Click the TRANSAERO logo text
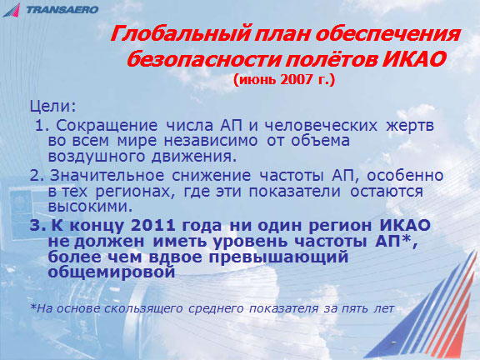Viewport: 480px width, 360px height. click(62, 10)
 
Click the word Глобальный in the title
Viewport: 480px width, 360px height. click(180, 34)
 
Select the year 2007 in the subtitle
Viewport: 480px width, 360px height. click(296, 80)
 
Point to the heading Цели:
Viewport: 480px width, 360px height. click(53, 107)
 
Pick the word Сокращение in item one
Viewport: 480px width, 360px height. click(107, 126)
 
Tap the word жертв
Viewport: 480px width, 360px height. click(410, 126)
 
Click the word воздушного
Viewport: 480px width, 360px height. click(97, 157)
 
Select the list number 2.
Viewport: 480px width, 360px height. click(37, 176)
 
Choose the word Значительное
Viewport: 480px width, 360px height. click(107, 175)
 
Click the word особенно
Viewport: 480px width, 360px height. click(405, 175)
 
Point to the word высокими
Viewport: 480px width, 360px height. click(90, 207)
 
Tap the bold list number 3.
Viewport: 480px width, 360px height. click(37, 225)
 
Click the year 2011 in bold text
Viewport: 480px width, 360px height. click(152, 225)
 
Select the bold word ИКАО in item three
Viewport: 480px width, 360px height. click(405, 225)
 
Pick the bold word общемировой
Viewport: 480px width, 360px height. click(112, 272)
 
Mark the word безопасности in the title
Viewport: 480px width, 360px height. click(202, 59)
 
